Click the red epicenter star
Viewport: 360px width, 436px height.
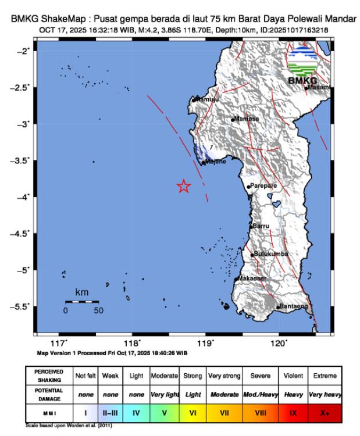tap(184, 186)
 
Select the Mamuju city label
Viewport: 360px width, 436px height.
tap(206, 99)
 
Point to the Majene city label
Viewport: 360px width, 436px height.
tap(215, 162)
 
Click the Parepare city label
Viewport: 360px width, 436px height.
tap(263, 185)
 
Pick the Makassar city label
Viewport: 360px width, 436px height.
tap(251, 278)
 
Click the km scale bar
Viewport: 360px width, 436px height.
tap(81, 302)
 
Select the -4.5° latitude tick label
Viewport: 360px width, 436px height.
tap(22, 234)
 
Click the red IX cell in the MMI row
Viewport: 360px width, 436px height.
tap(294, 413)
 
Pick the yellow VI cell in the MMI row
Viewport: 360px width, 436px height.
tap(193, 413)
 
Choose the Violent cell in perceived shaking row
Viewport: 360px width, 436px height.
tap(294, 376)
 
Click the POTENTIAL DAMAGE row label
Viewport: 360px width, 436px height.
tap(49, 394)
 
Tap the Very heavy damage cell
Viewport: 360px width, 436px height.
tap(325, 394)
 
